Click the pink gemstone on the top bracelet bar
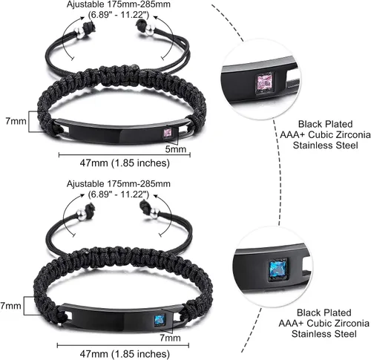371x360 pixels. (168, 132)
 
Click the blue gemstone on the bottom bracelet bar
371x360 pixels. (160, 320)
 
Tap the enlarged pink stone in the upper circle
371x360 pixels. (265, 82)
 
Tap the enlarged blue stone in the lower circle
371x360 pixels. (277, 268)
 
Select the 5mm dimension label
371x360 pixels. (176, 149)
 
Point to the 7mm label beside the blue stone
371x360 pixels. (170, 338)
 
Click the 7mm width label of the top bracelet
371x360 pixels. (16, 121)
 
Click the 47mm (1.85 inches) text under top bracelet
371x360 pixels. (125, 163)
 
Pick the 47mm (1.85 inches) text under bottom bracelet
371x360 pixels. (125, 353)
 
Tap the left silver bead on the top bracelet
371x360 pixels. (79, 33)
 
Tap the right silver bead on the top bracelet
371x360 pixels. (149, 30)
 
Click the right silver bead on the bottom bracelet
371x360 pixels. (154, 212)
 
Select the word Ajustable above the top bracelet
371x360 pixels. (85, 4)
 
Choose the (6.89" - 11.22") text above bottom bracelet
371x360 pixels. (119, 194)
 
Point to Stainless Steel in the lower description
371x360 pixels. (324, 334)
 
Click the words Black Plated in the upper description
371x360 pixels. (325, 124)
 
